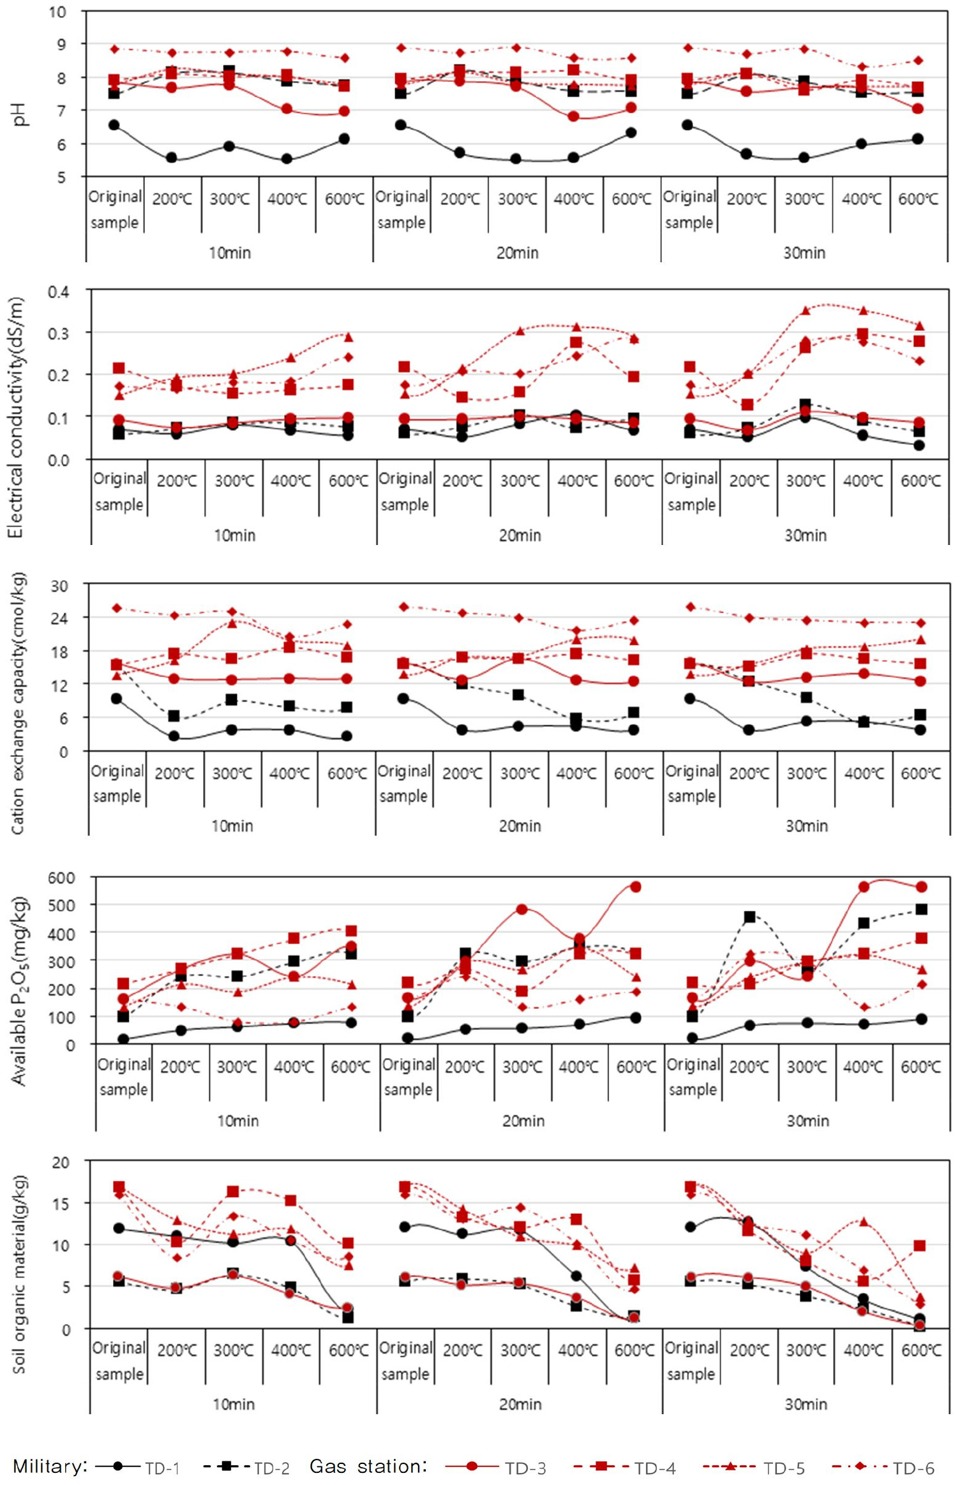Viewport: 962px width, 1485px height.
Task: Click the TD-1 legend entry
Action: click(x=162, y=1468)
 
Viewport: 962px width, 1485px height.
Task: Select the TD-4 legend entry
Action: click(x=654, y=1468)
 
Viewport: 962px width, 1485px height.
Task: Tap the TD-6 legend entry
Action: click(x=913, y=1468)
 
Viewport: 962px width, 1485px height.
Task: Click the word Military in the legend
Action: click(x=50, y=1466)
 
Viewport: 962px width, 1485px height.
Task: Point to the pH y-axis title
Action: click(x=20, y=114)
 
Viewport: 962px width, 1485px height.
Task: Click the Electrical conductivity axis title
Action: click(x=15, y=417)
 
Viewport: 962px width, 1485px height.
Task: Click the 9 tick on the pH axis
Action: click(x=61, y=44)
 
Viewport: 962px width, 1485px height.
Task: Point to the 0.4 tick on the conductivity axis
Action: click(x=58, y=292)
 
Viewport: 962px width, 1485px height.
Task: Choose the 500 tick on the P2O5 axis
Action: click(x=61, y=905)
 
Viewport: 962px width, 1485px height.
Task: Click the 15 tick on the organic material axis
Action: click(x=61, y=1203)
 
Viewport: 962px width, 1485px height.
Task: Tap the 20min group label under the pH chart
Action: click(x=517, y=253)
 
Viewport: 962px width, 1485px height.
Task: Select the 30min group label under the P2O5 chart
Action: click(x=808, y=1121)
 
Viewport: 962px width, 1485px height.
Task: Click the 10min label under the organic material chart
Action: click(x=234, y=1404)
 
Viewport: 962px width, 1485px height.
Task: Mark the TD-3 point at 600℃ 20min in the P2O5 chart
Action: click(x=635, y=886)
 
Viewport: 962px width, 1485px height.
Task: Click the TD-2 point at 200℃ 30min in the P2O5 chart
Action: click(x=749, y=917)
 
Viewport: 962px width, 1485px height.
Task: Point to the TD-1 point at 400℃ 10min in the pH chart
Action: click(x=287, y=158)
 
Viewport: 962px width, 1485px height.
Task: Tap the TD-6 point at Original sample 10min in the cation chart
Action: click(x=117, y=608)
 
